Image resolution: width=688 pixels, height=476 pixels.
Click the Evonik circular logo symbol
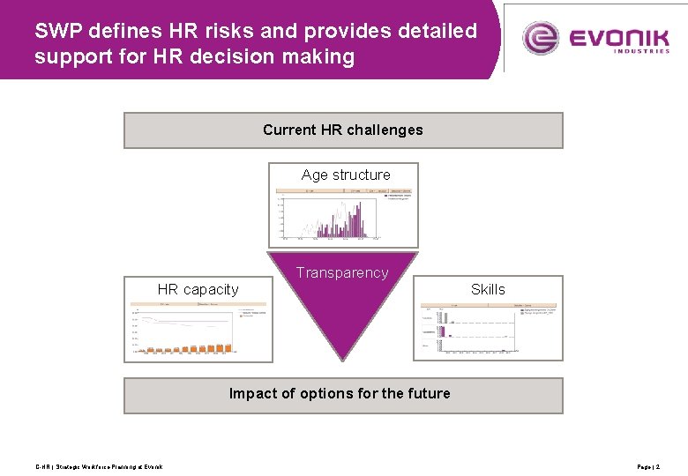541,38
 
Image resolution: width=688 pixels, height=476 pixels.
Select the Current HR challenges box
343,130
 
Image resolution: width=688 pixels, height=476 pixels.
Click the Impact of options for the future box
343,395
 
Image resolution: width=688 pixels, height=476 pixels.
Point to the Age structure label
346,175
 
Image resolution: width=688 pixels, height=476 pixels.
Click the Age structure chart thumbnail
344,214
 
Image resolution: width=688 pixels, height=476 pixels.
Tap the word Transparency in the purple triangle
342,273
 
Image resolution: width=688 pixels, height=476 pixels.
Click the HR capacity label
198,289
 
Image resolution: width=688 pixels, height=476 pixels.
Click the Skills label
488,289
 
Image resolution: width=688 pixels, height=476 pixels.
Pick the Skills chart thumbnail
488,331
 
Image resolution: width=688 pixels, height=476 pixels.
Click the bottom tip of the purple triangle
342,358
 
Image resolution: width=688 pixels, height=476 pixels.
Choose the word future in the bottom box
428,394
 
